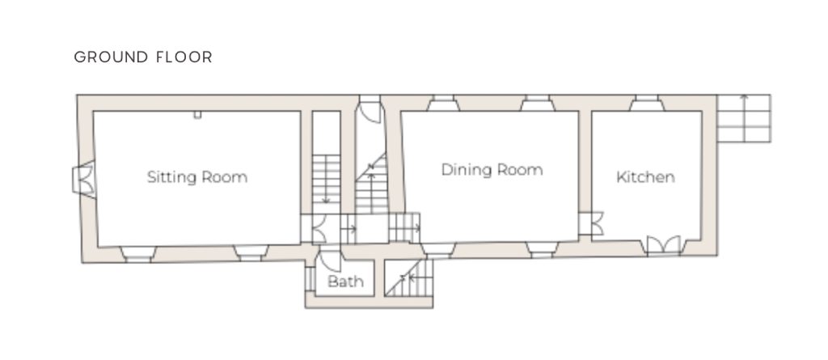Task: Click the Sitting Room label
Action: point(197,177)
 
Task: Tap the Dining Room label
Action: point(492,170)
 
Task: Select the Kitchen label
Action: point(645,176)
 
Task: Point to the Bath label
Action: point(345,282)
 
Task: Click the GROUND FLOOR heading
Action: point(143,57)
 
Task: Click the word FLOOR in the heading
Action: point(184,57)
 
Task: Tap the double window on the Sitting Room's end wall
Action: point(84,180)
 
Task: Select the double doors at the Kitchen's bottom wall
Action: point(664,246)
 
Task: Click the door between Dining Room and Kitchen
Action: point(591,223)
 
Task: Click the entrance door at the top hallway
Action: point(370,112)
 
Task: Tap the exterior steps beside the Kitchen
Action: point(744,118)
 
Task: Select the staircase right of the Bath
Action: point(408,278)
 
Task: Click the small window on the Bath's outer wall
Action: point(310,278)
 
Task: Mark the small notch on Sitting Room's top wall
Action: point(197,115)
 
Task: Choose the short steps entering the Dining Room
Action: point(404,228)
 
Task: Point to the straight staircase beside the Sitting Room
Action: point(326,180)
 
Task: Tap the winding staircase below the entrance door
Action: point(371,183)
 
